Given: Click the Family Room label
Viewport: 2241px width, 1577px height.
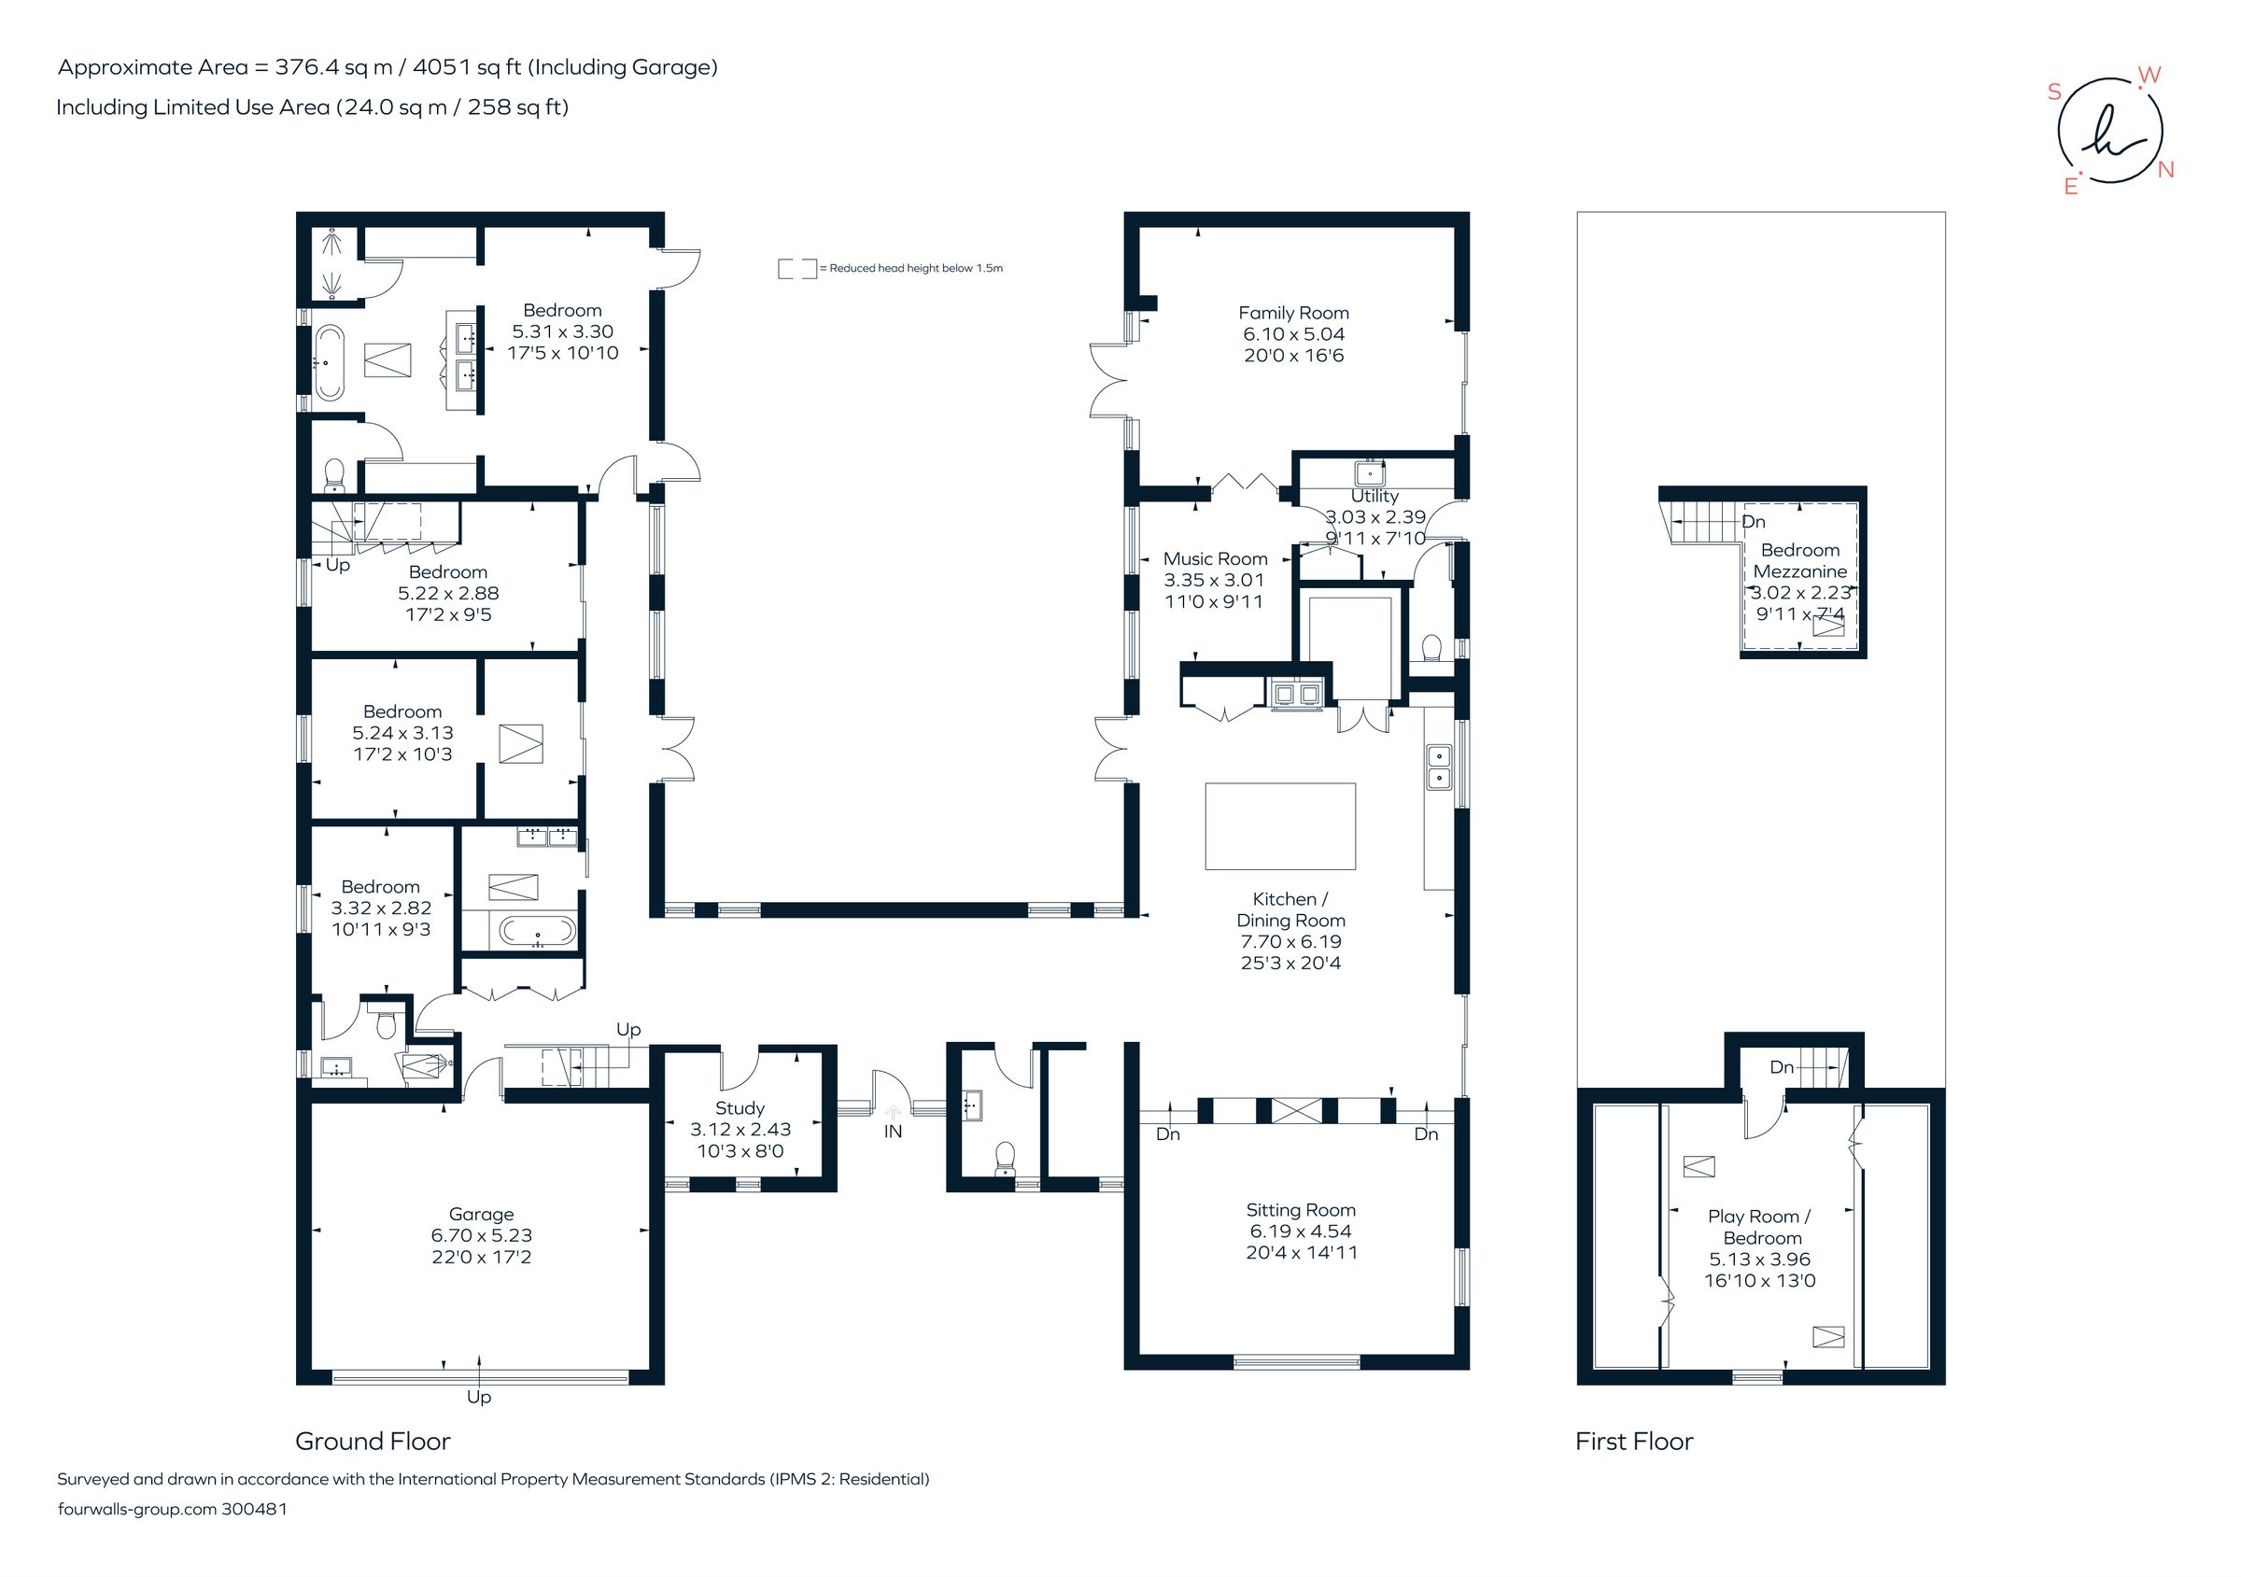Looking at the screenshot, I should point(1293,314).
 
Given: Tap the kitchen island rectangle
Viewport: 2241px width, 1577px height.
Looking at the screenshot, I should point(1279,825).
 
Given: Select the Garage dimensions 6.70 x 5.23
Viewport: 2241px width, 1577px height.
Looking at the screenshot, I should point(481,1235).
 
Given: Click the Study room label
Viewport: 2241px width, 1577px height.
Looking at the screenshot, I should point(739,1107).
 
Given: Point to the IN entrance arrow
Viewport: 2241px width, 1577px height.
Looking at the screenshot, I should point(892,1112).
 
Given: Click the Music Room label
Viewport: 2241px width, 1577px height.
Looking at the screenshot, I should point(1215,559).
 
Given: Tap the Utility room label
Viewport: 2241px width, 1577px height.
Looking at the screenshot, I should point(1374,497).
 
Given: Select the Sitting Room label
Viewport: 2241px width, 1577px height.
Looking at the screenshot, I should point(1300,1210).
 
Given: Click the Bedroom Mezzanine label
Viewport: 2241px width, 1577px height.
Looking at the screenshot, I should point(1800,561).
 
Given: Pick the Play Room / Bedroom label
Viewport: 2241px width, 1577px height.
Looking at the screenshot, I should point(1760,1227).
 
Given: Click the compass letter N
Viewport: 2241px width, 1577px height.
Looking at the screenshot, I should point(2166,170).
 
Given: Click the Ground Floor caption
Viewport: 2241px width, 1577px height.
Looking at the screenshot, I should point(373,1442).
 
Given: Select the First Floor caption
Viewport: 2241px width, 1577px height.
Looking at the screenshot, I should point(1634,1442).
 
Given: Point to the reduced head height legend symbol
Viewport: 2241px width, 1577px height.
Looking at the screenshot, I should point(796,268).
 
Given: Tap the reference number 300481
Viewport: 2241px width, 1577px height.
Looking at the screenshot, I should point(254,1509).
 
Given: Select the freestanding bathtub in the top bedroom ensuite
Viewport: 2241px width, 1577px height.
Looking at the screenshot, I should point(329,363).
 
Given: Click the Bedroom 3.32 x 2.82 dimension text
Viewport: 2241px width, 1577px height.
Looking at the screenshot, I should point(381,908).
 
